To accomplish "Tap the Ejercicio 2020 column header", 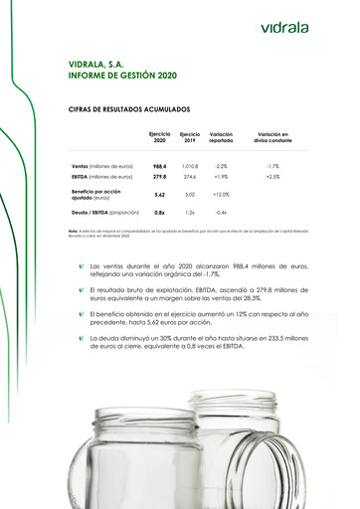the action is (159, 138).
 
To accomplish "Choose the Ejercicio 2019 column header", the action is (190, 138).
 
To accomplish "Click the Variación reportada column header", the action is (221, 138).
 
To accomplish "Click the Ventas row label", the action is (102, 166).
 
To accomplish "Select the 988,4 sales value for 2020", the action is (159, 166).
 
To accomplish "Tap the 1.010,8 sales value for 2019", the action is (190, 166).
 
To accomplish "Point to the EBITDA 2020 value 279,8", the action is (159, 177).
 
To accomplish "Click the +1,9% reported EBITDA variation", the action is (221, 177).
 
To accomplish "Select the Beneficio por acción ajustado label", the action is (96, 194).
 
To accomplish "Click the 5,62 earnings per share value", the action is (159, 195).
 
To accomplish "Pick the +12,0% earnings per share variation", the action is (221, 195).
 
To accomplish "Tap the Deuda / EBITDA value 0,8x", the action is (159, 213).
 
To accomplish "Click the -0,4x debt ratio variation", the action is (221, 213).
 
